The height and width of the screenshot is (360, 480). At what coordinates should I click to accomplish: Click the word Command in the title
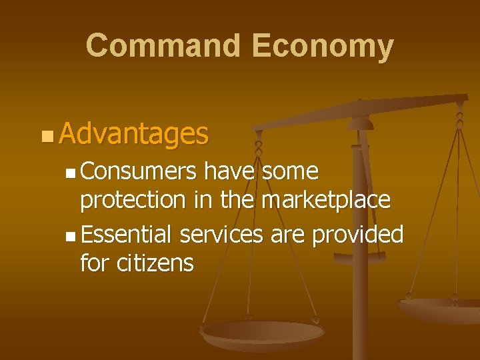coord(163,46)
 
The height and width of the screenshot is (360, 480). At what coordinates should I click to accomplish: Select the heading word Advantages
coord(133,134)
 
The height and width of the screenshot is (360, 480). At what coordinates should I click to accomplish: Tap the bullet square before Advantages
coord(45,136)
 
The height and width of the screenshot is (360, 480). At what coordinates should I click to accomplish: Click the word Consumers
coord(138,172)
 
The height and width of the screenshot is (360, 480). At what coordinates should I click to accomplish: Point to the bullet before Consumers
coord(71,173)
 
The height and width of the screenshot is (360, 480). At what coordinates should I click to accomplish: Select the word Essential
coord(126,234)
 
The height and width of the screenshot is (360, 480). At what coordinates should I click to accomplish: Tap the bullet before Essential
coord(71,236)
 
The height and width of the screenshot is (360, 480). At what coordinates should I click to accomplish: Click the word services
coord(221,234)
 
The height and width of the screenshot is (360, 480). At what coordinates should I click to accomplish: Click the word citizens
coord(155,263)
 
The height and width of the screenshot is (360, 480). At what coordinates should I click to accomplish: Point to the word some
coord(290,172)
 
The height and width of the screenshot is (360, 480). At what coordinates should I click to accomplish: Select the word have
coord(229,172)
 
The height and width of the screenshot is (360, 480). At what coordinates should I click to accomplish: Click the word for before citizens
coord(95,263)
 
